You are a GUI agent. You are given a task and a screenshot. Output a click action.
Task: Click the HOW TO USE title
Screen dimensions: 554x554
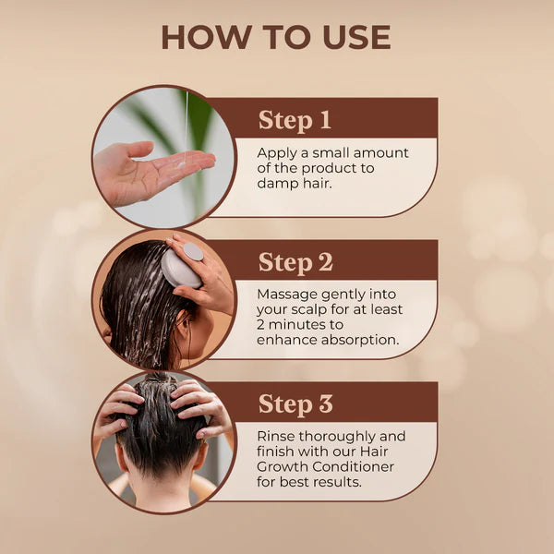click(x=276, y=38)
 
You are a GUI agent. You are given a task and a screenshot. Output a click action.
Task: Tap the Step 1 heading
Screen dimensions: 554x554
click(x=295, y=120)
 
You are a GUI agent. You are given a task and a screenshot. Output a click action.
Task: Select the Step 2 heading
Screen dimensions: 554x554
click(x=295, y=262)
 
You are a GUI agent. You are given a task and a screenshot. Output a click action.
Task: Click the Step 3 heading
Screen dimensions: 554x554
click(x=295, y=404)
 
